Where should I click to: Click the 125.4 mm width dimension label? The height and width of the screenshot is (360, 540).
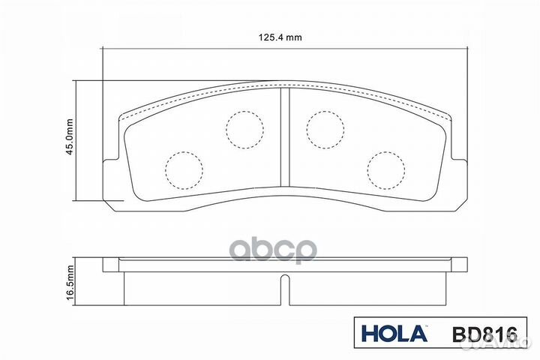point(280,37)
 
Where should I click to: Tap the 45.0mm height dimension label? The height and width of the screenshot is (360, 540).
point(70,136)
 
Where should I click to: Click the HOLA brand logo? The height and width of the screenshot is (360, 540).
point(394,334)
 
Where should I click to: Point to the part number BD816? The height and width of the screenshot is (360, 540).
point(484,334)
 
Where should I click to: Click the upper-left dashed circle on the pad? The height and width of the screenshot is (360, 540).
point(244,130)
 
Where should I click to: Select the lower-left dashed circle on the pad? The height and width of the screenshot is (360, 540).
point(184,170)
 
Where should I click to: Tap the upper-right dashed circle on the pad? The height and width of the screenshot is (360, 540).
point(325,130)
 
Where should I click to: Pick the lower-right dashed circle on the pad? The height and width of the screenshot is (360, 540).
point(386,170)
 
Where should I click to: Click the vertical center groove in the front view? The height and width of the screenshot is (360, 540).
point(285,137)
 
